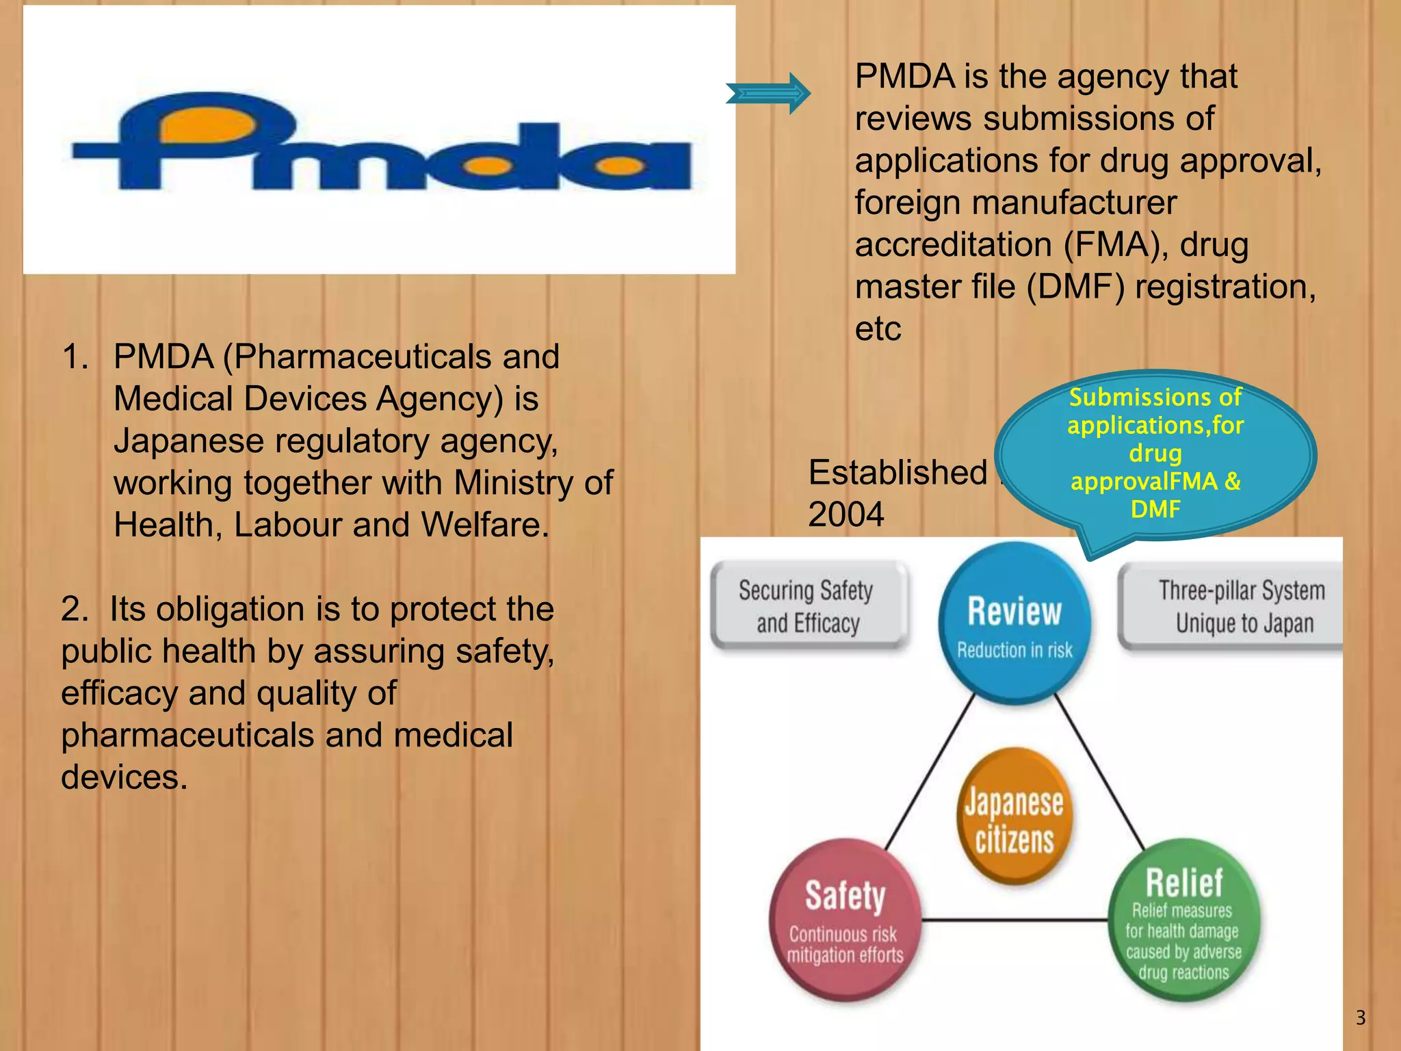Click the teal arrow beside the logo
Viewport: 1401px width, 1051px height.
coord(768,93)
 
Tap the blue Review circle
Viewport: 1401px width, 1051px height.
coord(1014,623)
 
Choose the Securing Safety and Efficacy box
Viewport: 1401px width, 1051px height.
coord(808,606)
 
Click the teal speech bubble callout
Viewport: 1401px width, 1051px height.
coord(1155,454)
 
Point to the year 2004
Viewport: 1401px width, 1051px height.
coord(846,515)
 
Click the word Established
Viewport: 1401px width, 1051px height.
coord(898,473)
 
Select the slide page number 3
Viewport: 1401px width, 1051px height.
coord(1360,1018)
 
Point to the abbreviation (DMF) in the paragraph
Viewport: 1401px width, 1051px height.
coord(1075,287)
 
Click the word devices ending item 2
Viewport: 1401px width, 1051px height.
coord(123,777)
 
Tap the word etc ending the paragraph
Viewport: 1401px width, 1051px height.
coord(878,329)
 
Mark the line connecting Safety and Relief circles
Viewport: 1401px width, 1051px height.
coord(1014,920)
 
